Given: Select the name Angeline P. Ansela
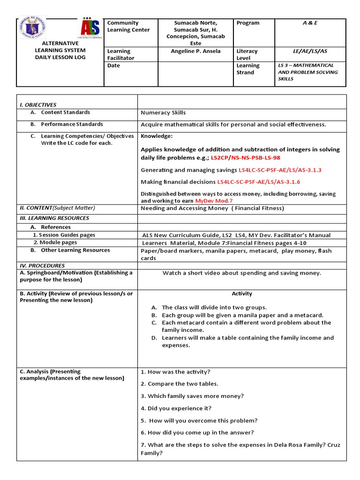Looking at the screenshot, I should point(195,51).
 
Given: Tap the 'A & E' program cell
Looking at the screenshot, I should point(310,23).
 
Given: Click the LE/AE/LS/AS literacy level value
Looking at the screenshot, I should point(310,51).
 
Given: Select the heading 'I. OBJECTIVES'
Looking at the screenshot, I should point(38,105).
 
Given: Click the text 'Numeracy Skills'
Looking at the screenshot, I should point(163,112).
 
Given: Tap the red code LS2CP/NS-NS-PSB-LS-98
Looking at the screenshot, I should point(246,158).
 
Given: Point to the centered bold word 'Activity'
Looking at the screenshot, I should point(242,294).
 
